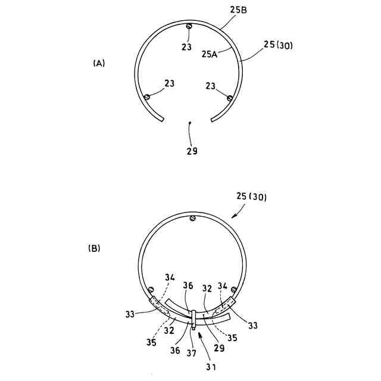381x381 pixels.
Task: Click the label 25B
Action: (238, 10)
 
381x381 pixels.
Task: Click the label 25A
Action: (210, 54)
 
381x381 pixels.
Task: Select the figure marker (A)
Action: (99, 63)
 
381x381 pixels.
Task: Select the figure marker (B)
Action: (94, 248)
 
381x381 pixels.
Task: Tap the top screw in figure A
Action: (189, 26)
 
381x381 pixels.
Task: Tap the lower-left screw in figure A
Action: (146, 97)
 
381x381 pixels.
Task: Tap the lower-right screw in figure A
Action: (229, 98)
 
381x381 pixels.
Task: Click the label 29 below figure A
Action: (192, 151)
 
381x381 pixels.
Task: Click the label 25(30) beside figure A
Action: (278, 45)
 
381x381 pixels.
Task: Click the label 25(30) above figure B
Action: (251, 196)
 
